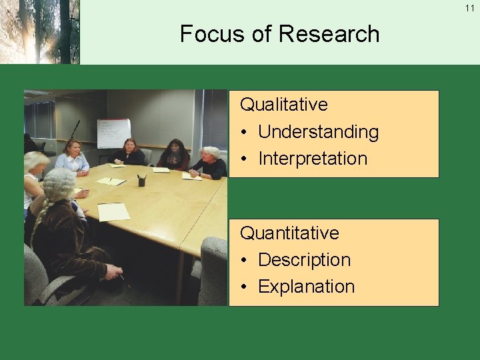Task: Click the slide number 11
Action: pos(470,8)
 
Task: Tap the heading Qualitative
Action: pos(284,105)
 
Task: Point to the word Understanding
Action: pos(318,132)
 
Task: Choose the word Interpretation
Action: pos(313,159)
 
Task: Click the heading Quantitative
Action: pos(289,233)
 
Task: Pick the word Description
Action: pos(304,260)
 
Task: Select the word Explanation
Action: pos(306,287)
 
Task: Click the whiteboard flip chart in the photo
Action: pos(114,133)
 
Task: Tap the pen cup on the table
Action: pos(141,180)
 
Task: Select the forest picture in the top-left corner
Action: pos(39,31)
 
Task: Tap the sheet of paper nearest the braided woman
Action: pos(113,211)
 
